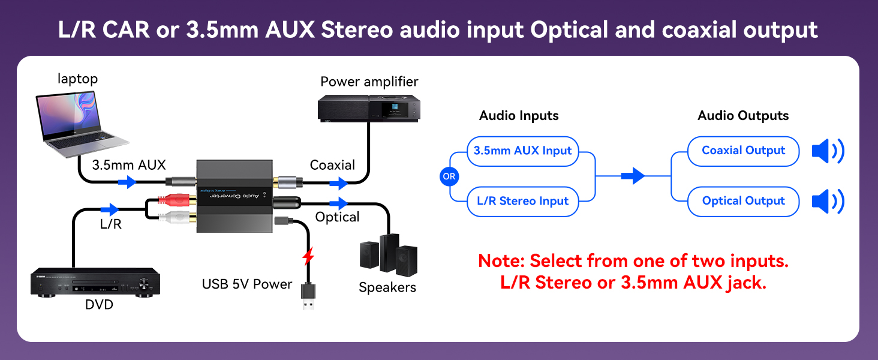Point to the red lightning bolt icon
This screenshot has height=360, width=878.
pos(308,256)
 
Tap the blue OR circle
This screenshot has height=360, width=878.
pos(449,176)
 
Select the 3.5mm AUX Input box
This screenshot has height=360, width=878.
pos(522,151)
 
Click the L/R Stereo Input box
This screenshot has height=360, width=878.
pos(522,202)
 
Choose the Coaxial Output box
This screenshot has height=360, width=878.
pos(743,151)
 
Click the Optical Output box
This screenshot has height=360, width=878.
pos(743,202)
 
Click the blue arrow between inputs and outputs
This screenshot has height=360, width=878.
pos(633,176)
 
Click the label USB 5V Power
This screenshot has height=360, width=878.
pos(247,284)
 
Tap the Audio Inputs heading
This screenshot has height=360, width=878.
pos(519,116)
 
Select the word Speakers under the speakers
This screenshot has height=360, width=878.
pos(387,287)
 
